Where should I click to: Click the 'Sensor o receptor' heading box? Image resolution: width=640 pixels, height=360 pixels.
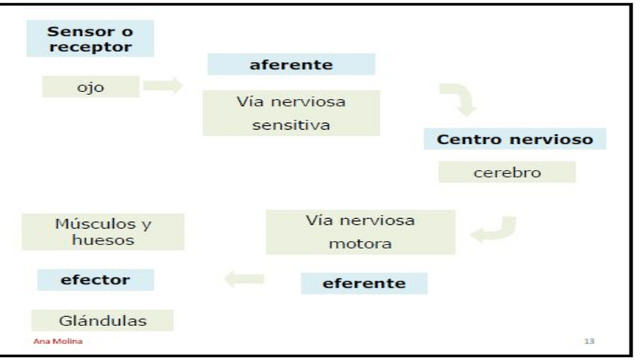[89, 38]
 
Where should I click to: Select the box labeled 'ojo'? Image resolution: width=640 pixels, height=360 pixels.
[90, 88]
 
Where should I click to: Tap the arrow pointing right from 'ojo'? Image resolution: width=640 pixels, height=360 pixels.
[162, 86]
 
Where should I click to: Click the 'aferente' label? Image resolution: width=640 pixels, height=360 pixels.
[291, 64]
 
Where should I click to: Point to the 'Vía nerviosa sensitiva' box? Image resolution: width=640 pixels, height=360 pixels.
[291, 113]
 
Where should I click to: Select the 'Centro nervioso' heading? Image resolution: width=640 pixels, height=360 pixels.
[515, 140]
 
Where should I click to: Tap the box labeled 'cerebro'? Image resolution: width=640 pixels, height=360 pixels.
[506, 172]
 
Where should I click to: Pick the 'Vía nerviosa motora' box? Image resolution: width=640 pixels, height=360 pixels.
[360, 232]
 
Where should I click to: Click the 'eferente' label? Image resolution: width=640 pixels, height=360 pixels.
[364, 284]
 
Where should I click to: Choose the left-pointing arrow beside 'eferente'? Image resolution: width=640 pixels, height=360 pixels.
[245, 280]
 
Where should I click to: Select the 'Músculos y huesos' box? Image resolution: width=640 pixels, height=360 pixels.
[103, 232]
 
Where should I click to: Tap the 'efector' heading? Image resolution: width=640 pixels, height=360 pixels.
[95, 280]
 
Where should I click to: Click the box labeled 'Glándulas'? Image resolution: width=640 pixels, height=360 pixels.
[103, 320]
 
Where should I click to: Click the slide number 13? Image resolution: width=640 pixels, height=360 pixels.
[589, 342]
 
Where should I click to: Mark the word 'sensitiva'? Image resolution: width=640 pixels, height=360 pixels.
[291, 125]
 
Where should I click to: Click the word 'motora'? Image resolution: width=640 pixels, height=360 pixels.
[360, 245]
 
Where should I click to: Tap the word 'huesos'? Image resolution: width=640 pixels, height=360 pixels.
[103, 241]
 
